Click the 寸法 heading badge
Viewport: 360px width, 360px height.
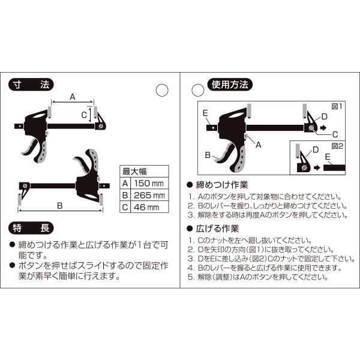click(31, 85)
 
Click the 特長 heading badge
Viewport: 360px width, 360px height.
click(31, 228)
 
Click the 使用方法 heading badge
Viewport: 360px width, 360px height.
click(230, 85)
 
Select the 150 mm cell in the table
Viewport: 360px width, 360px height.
click(149, 183)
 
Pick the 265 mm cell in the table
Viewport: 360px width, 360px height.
click(149, 196)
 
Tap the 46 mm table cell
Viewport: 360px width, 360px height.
click(149, 208)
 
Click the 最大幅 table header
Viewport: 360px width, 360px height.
click(144, 171)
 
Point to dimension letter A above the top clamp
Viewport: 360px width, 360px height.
click(73, 97)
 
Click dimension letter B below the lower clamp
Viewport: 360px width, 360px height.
click(60, 205)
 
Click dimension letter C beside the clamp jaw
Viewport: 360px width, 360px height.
click(84, 115)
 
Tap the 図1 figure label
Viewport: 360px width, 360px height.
click(337, 106)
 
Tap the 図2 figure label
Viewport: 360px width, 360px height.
click(337, 146)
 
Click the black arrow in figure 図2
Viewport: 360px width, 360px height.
click(317, 167)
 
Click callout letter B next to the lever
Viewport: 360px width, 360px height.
click(208, 155)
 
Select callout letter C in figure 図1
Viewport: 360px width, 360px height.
click(335, 134)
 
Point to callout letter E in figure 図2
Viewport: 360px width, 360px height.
click(328, 157)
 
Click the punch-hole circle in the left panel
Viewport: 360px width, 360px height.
click(162, 90)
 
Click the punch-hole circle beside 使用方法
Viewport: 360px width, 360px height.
click(198, 90)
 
